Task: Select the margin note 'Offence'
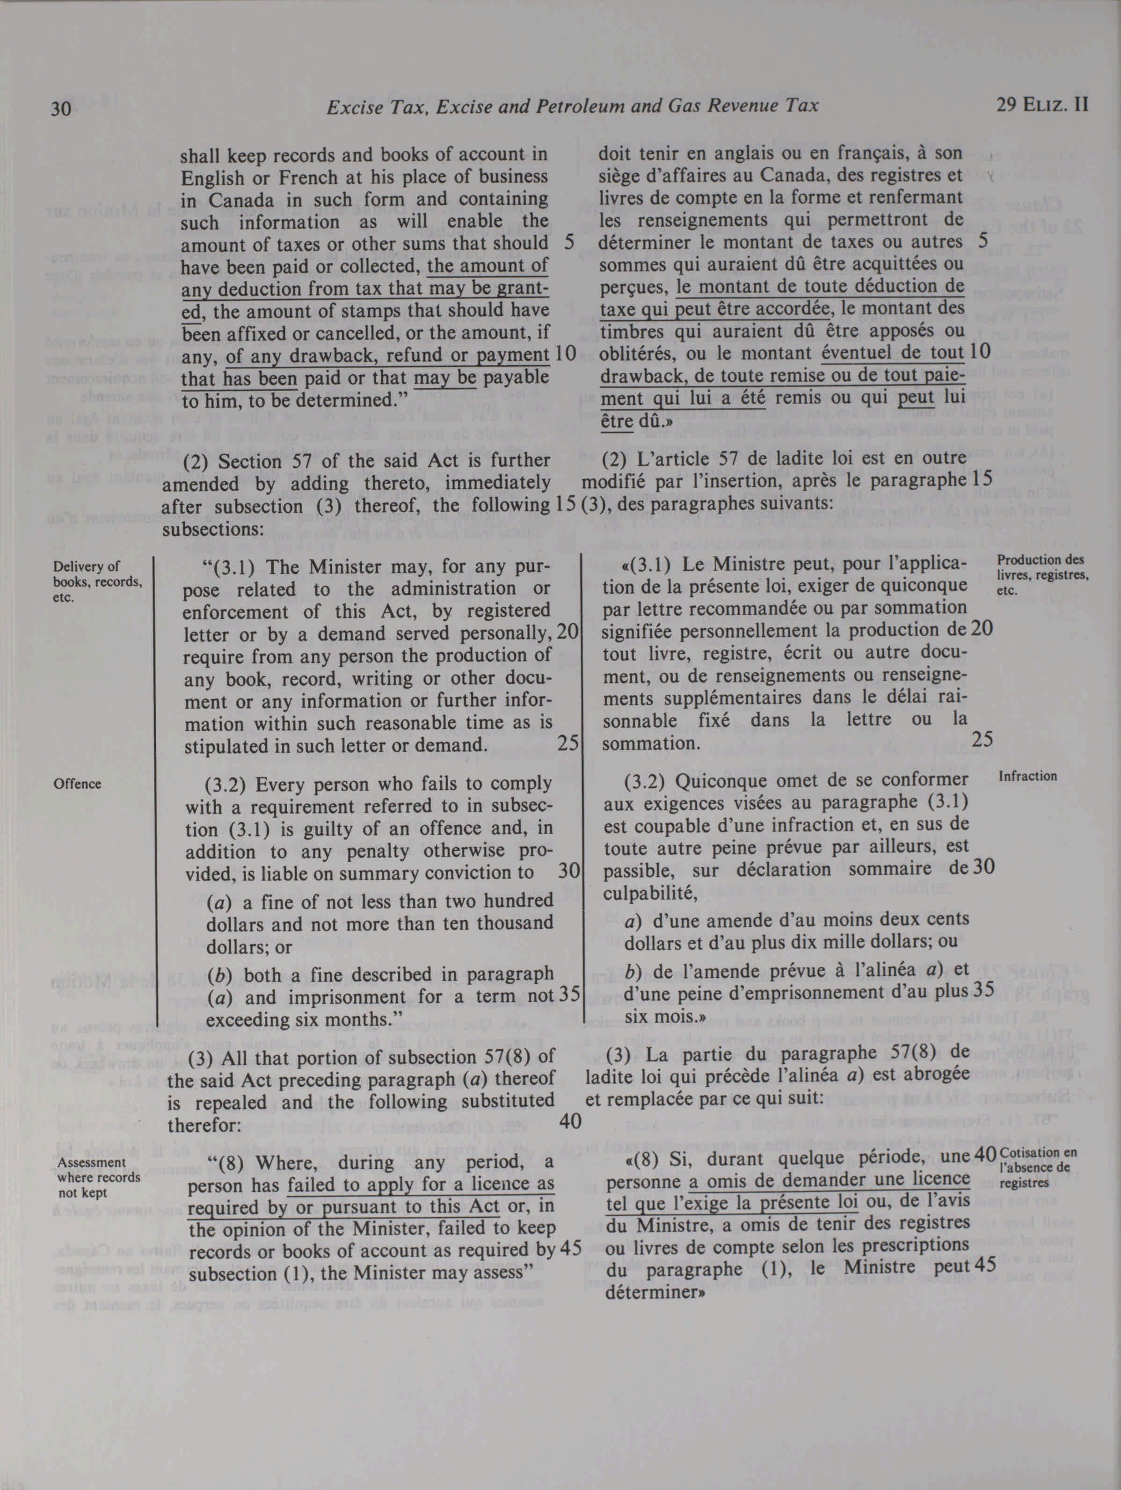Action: [x=78, y=784]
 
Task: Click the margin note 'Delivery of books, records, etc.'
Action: [x=97, y=581]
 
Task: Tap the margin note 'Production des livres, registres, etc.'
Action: [x=1042, y=574]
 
